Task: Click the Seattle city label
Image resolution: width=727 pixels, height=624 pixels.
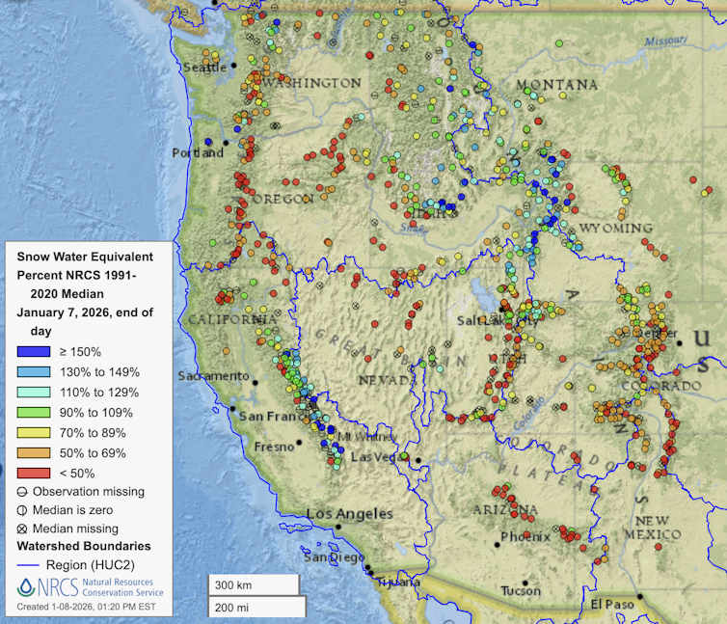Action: click(204, 67)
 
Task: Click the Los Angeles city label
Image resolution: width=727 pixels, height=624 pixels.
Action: click(350, 514)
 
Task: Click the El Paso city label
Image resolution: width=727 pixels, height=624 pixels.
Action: click(615, 604)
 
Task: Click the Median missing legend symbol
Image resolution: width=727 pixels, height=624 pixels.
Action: click(24, 529)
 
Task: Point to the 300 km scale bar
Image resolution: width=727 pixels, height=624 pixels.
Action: click(254, 584)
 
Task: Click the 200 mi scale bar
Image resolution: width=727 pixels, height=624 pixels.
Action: click(254, 606)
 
